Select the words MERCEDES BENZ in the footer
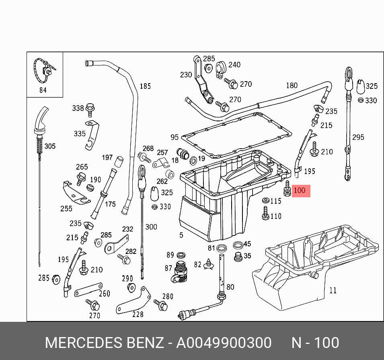point(104,343)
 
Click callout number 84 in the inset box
point(43,90)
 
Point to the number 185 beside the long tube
point(145,86)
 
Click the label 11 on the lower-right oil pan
point(333,290)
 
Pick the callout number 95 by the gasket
point(174,137)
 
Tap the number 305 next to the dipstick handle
point(50,146)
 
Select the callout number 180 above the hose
point(292,85)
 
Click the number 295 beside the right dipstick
point(358,137)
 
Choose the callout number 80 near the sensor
point(230,287)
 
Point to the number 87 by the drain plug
point(168,268)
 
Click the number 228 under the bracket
point(138,314)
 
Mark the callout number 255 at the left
point(66,208)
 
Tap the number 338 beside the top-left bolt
point(78,108)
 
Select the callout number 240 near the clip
point(234,65)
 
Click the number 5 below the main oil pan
point(181,235)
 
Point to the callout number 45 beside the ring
point(247,244)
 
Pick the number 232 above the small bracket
point(127,229)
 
